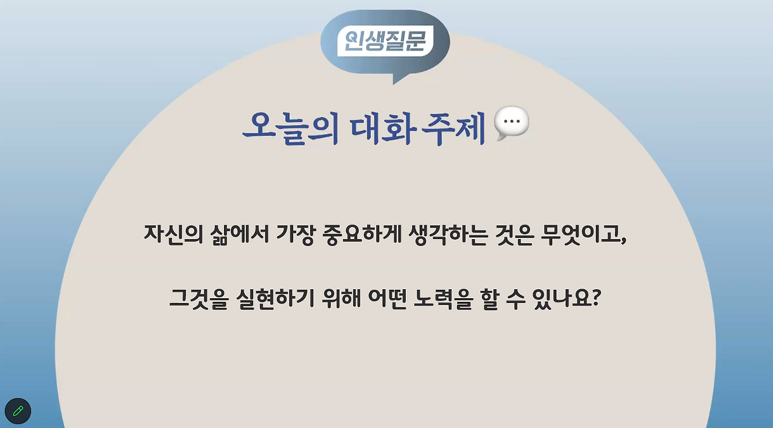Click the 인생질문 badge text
tap(382, 41)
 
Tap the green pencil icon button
tap(18, 411)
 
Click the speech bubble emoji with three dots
tap(512, 123)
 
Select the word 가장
tap(295, 234)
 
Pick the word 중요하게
tap(362, 234)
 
